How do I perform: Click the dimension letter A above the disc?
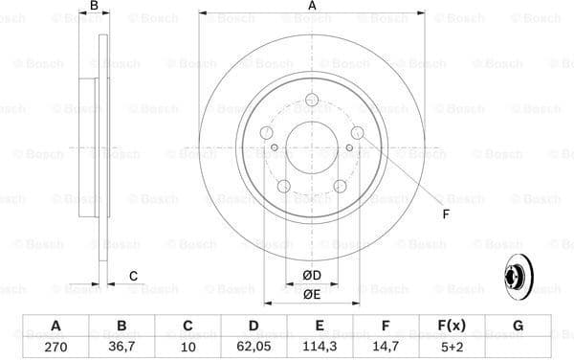coord(312,8)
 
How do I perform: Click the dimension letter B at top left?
coord(93,8)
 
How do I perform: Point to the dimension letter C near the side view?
coord(133,276)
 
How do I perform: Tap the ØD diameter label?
coord(312,276)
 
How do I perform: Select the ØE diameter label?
coord(312,294)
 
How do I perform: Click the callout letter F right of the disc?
coord(446,214)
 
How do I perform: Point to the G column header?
coord(518,326)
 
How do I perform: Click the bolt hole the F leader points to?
coord(357,133)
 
